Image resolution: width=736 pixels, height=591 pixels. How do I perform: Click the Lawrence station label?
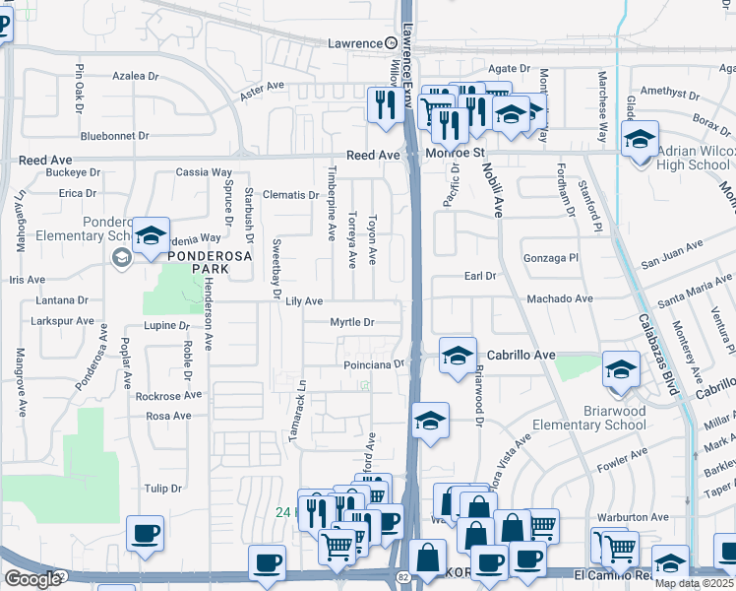(354, 43)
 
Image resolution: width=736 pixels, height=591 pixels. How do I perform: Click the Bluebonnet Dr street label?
(114, 136)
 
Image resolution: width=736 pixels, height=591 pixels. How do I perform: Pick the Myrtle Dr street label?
(352, 322)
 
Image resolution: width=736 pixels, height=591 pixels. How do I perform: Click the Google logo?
(32, 579)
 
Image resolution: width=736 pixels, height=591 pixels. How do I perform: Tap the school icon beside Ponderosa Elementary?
(152, 236)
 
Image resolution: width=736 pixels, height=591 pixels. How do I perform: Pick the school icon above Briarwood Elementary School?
(621, 371)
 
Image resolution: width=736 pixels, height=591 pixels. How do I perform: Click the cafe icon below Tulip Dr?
(146, 534)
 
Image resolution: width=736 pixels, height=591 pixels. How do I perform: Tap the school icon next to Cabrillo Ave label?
(458, 356)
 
